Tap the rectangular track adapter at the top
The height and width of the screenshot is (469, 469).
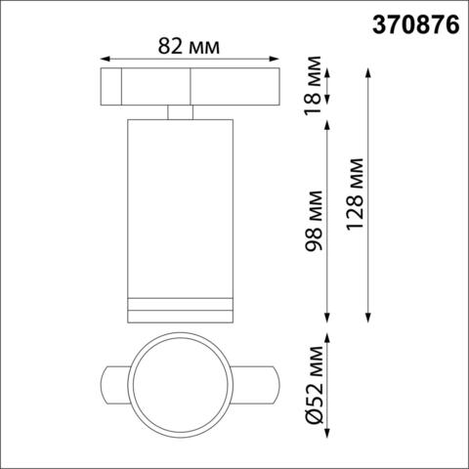191,87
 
